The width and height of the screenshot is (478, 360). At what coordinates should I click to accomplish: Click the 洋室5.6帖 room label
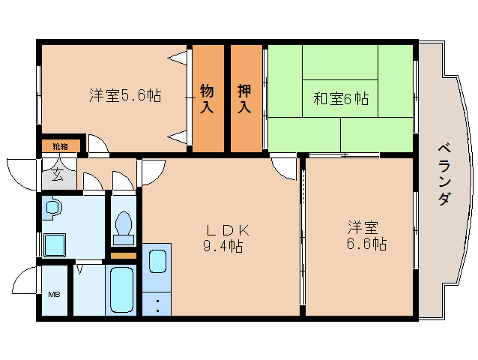click(x=124, y=96)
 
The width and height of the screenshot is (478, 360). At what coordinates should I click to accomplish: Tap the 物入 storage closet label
click(x=207, y=99)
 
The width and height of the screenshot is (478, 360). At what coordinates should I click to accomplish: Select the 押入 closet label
click(x=245, y=99)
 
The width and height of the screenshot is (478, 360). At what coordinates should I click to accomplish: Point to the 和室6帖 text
click(x=341, y=98)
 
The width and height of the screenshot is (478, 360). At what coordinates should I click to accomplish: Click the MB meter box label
click(x=55, y=294)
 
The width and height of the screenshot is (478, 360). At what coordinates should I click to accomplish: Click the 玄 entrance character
click(x=58, y=176)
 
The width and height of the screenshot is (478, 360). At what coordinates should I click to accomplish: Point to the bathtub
click(x=121, y=289)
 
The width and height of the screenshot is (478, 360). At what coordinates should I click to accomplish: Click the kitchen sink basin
click(x=157, y=261)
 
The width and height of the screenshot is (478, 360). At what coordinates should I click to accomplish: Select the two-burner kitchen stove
click(x=157, y=304)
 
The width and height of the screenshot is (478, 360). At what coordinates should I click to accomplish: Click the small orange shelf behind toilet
click(x=124, y=255)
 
